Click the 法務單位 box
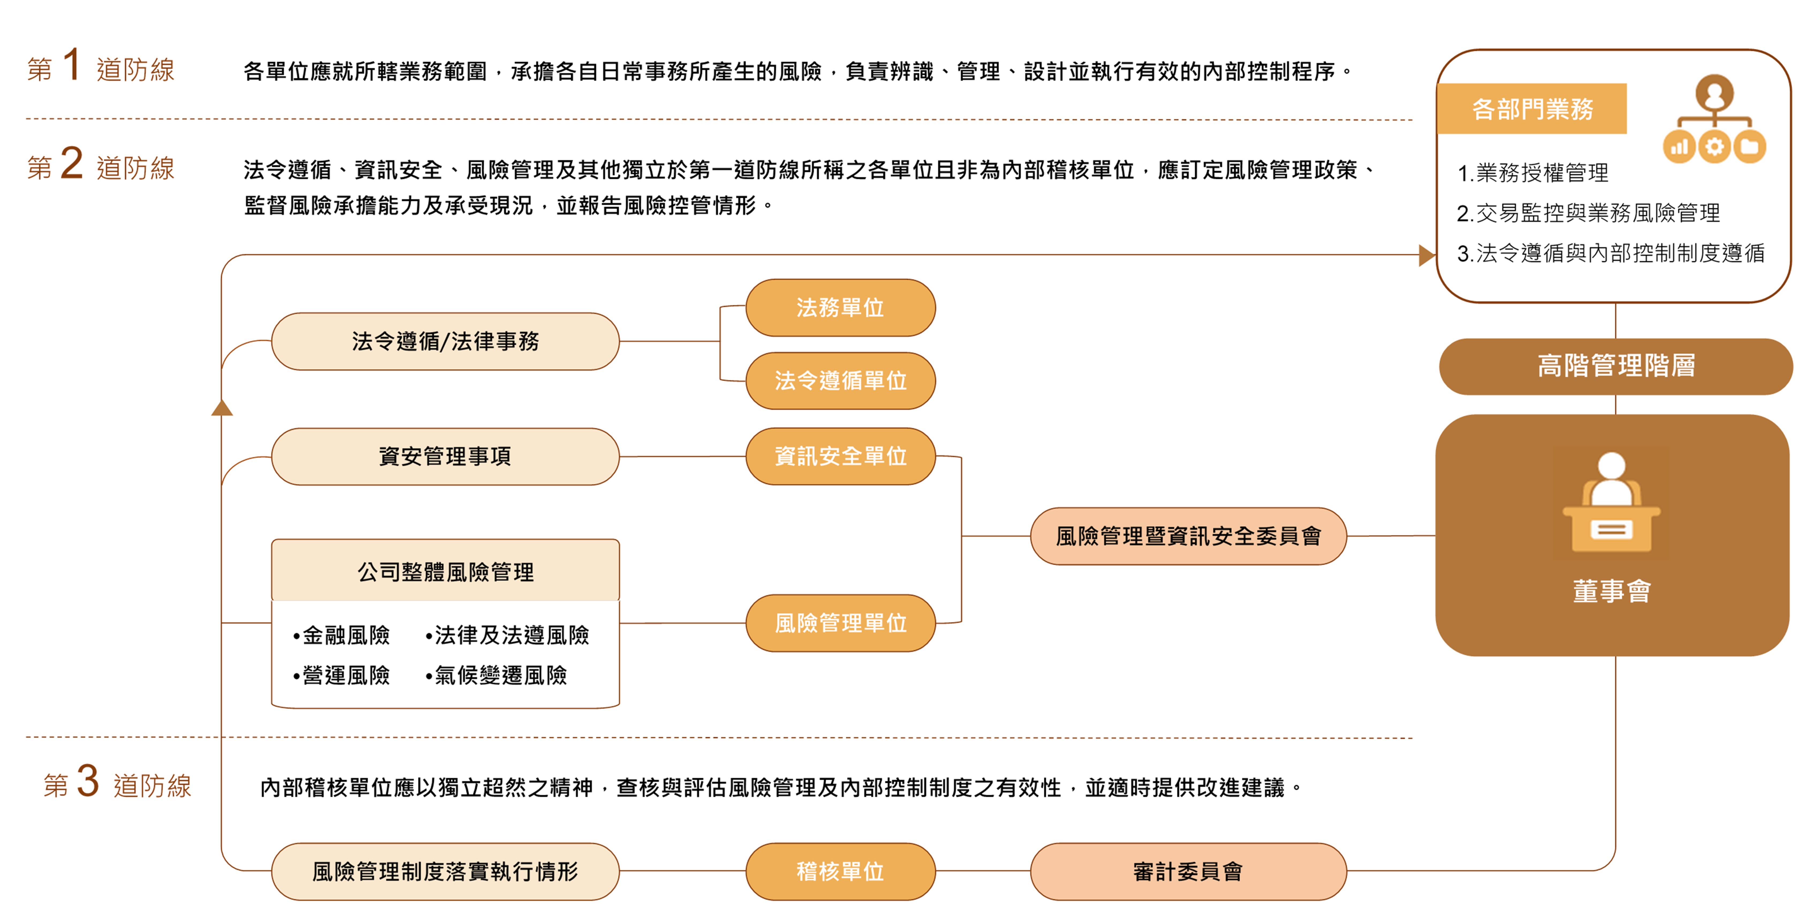(x=840, y=307)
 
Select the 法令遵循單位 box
(x=840, y=381)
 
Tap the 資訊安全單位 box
(x=840, y=456)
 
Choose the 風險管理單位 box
(x=840, y=623)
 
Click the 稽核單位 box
(x=840, y=872)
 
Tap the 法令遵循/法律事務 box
(x=445, y=341)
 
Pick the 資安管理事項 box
(x=445, y=456)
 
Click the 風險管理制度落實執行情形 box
(x=445, y=872)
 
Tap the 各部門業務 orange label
(x=1532, y=109)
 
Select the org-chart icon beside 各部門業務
(x=1714, y=119)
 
